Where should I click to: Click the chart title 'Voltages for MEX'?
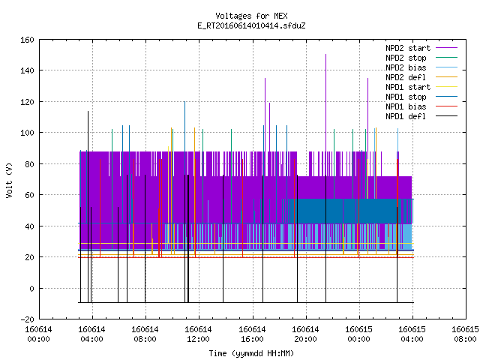pos(251,16)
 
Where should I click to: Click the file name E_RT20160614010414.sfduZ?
pos(251,25)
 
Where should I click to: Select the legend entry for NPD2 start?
pos(421,48)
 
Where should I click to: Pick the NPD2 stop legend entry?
pos(421,58)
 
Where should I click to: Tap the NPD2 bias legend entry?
pos(421,67)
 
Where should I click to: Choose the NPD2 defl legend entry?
pos(421,77)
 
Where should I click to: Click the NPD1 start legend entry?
pos(421,87)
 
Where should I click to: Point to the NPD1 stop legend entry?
pos(421,97)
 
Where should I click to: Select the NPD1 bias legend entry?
pos(421,106)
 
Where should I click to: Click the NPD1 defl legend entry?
pos(421,116)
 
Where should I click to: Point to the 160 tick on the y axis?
pos(27,40)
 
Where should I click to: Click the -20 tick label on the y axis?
pos(27,319)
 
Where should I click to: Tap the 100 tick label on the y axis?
pos(27,133)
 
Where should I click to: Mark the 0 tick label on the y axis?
pos(31,289)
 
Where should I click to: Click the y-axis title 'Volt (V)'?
pos(9,180)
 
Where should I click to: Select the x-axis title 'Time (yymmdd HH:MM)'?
pos(251,353)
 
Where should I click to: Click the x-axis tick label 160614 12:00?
pos(198,334)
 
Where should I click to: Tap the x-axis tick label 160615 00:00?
pos(358,334)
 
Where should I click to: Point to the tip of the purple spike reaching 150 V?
pos(325,55)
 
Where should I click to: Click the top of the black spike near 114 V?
pos(88,112)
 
